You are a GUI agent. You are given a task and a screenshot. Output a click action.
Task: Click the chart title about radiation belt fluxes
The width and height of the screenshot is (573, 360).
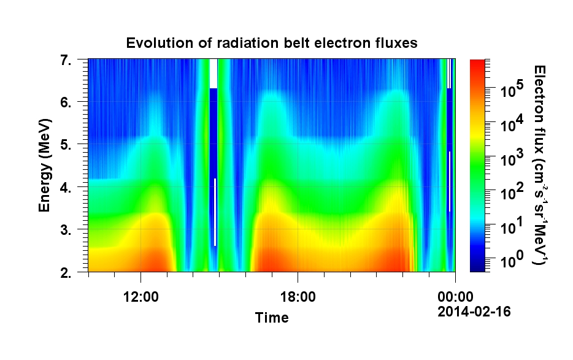271,43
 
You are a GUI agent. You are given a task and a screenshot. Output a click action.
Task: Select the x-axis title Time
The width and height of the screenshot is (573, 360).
272,318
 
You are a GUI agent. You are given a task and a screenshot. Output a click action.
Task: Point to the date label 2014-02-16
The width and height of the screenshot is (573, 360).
474,312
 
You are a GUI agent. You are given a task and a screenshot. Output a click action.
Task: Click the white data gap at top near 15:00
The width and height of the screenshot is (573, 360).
213,73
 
